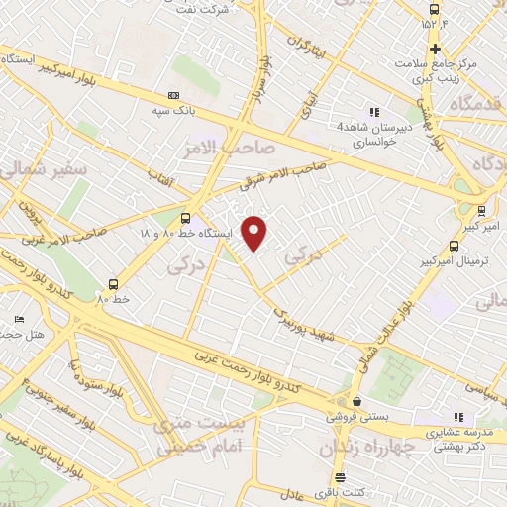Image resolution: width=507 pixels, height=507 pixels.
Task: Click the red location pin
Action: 255,233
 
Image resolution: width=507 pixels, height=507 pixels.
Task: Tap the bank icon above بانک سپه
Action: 174,95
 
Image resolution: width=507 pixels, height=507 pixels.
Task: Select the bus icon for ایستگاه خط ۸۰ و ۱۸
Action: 186,218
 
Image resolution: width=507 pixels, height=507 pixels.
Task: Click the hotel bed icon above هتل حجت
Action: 20,320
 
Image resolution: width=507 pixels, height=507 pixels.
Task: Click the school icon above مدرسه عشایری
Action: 457,417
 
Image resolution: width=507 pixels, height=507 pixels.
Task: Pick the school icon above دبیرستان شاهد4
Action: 374,111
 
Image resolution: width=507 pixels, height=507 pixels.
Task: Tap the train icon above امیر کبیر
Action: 481,210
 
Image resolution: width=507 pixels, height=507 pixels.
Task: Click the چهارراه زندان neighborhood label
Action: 363,448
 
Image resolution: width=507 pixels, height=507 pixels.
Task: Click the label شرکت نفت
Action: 235,7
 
